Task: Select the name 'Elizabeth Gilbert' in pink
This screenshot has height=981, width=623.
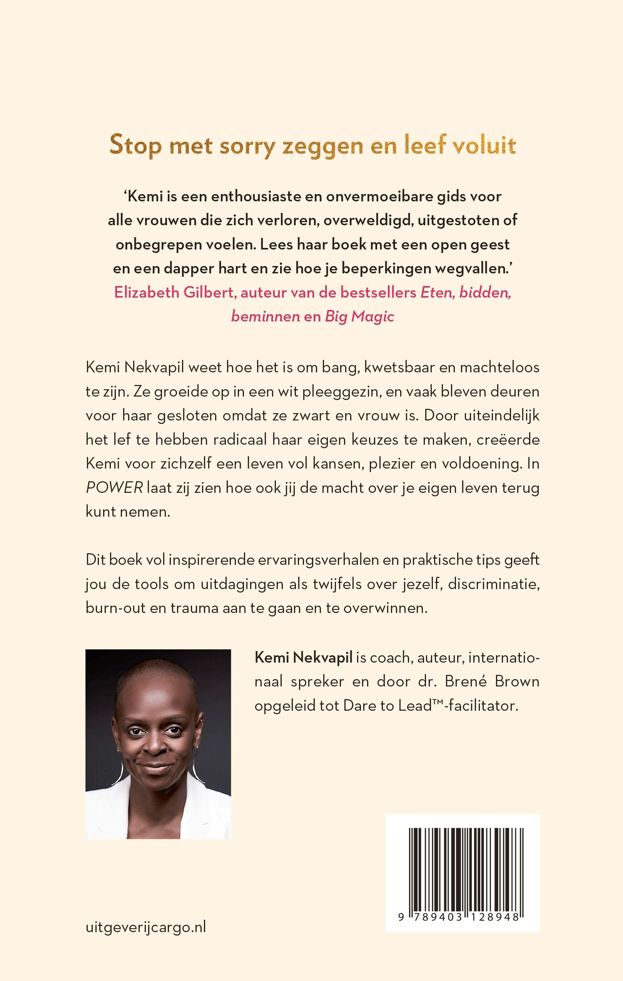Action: click(x=174, y=293)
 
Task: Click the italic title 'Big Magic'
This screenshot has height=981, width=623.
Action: click(x=359, y=317)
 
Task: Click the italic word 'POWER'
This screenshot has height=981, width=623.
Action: click(x=114, y=488)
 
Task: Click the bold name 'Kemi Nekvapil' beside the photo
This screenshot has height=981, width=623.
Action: click(x=303, y=658)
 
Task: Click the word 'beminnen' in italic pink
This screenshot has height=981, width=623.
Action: click(x=265, y=317)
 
